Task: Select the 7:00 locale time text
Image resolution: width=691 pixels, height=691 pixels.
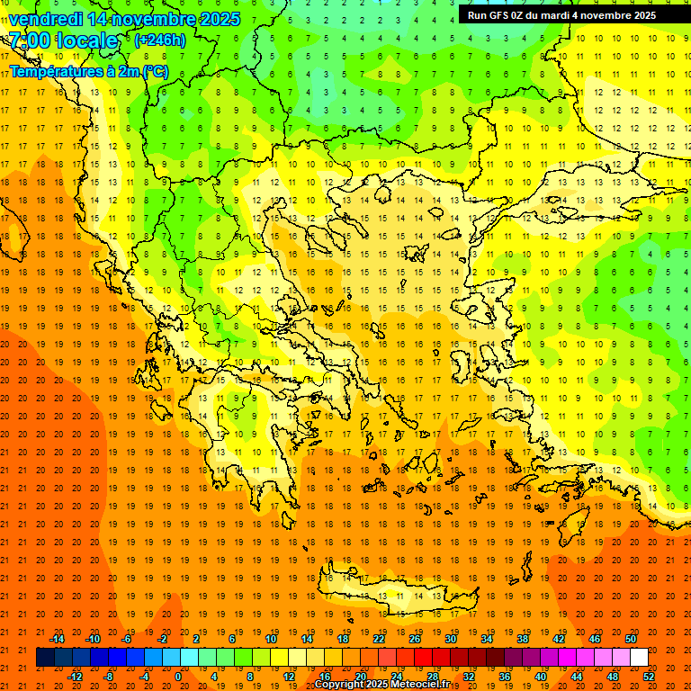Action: point(63,40)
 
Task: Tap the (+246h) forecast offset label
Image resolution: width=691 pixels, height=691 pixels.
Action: point(160,40)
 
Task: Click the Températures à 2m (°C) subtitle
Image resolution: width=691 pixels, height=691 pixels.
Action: point(88,71)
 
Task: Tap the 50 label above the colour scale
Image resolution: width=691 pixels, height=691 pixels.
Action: point(630,638)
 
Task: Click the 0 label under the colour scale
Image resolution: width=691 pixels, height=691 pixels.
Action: point(178,677)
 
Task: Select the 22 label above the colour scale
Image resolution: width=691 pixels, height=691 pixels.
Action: point(379,638)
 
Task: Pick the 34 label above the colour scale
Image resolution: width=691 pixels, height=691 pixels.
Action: point(487,638)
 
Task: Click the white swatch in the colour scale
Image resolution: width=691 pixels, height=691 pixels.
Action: point(639,658)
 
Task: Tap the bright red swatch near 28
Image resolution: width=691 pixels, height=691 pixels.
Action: point(423,658)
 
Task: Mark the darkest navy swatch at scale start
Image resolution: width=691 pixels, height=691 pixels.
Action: point(45,658)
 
